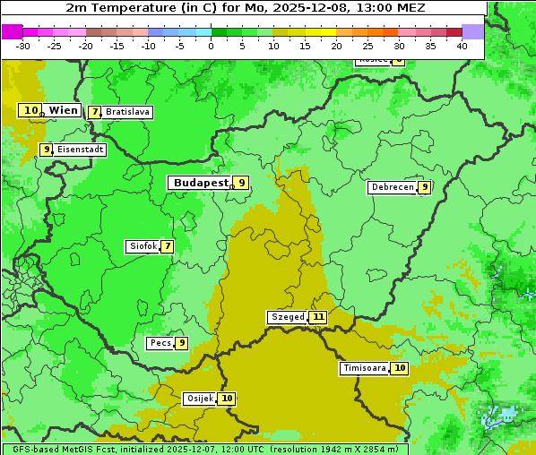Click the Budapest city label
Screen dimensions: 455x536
200,183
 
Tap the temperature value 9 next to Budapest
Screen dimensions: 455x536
241,183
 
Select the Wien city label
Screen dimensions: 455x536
64,110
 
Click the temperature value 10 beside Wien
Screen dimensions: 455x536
30,110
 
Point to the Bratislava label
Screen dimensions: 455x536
127,112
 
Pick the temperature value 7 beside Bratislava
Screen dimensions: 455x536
94,112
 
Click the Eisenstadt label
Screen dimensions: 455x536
80,150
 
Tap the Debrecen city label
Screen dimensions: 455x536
392,187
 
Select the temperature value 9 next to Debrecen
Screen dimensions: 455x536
424,187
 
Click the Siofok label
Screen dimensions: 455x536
143,246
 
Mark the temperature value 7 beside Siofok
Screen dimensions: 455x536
167,246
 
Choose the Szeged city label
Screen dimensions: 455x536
287,317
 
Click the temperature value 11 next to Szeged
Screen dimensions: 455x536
318,317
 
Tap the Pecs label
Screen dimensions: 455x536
160,343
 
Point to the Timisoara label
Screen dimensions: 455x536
364,368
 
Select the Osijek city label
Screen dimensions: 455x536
199,399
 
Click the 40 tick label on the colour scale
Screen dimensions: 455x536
462,46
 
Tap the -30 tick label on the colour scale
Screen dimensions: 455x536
23,46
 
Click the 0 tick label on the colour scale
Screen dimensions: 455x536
212,46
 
